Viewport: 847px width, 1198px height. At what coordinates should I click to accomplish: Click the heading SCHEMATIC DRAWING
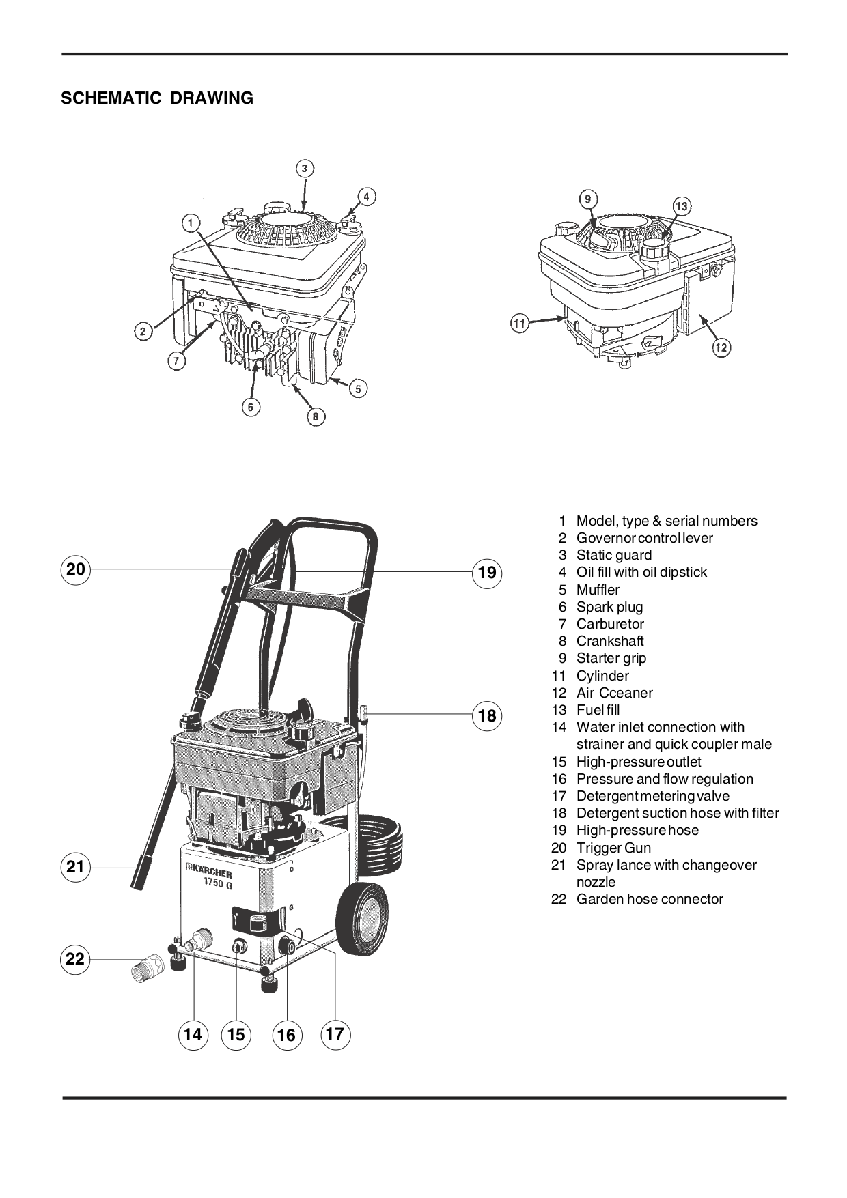[157, 98]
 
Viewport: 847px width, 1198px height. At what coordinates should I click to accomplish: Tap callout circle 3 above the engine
[305, 169]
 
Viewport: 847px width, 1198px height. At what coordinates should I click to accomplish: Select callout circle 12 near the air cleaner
[721, 347]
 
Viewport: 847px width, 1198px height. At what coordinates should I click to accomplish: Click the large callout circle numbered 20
[76, 569]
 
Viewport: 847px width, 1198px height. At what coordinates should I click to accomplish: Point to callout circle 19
[487, 572]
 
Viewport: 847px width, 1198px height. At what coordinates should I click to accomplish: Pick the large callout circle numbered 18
[487, 715]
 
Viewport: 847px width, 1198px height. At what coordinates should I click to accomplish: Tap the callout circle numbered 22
[75, 959]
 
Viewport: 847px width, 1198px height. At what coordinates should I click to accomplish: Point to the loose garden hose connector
[148, 967]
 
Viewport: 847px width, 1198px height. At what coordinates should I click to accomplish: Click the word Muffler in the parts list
[598, 590]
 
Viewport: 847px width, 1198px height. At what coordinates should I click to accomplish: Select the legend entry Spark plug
[609, 607]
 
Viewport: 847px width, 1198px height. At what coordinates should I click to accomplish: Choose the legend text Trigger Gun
[613, 848]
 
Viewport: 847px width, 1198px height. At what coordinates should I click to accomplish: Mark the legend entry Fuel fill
[598, 710]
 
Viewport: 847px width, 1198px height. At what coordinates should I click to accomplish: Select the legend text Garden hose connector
[649, 899]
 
